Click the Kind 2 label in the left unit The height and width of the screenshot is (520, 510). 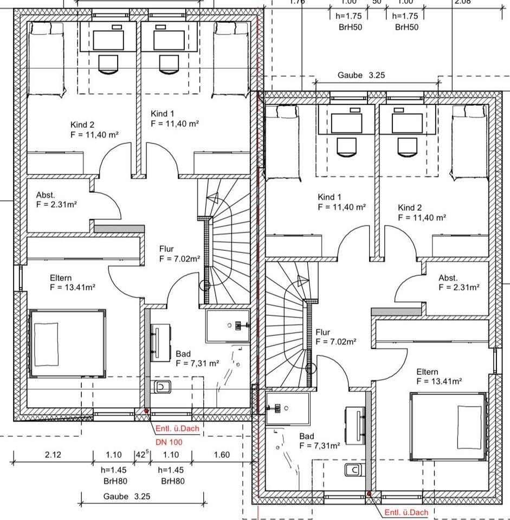coord(82,125)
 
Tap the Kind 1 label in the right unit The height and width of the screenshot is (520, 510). coord(330,197)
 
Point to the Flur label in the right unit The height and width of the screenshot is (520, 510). coord(323,332)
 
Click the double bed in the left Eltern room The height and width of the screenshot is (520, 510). coord(67,343)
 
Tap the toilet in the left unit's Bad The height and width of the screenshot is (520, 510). coord(162,387)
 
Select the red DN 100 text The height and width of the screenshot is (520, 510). coord(169,442)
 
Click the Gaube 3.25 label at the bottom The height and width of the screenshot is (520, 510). coord(127,496)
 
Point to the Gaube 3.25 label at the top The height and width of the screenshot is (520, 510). coord(361,75)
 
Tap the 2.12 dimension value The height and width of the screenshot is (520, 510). coord(53,455)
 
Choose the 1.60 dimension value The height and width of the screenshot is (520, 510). coord(222,455)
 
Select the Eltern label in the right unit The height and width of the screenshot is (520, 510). coord(427,372)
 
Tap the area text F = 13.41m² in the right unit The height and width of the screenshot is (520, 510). coord(439,381)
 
